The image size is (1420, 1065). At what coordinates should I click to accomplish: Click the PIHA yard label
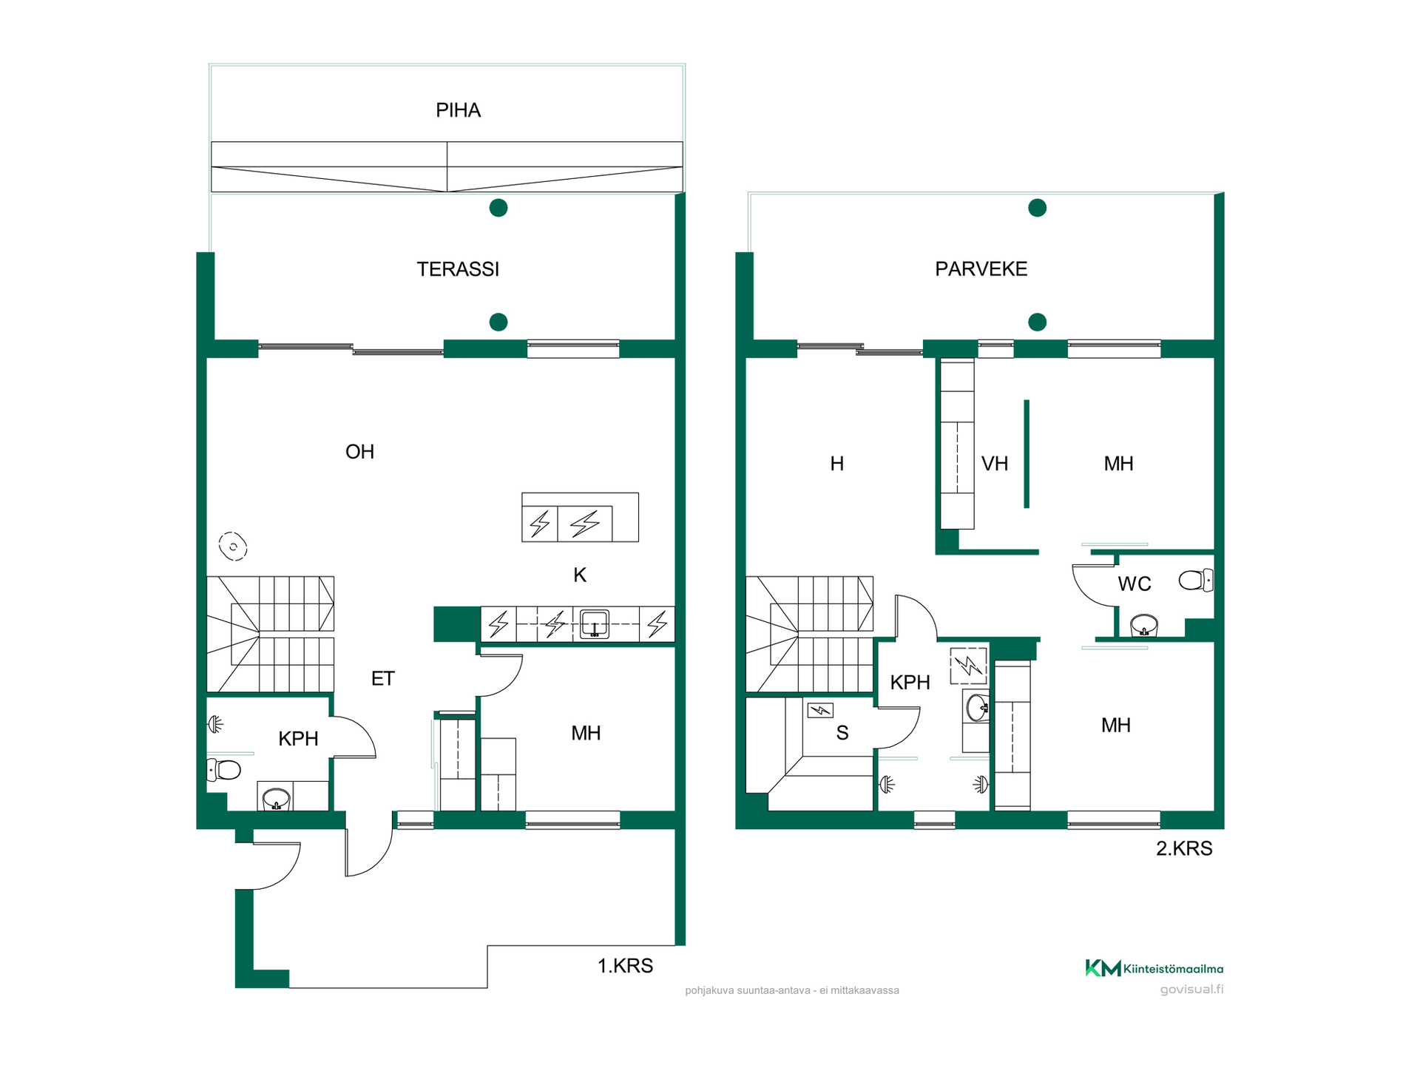click(458, 111)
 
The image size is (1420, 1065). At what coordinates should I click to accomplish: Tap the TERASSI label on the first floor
click(458, 269)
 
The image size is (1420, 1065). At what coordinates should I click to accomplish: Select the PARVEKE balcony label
click(981, 269)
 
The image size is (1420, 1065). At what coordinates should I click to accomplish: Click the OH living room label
click(359, 452)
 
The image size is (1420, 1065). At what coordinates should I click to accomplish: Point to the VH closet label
click(995, 464)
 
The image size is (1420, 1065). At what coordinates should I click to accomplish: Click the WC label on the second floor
click(1135, 584)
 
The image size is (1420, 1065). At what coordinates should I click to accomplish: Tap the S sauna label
click(842, 733)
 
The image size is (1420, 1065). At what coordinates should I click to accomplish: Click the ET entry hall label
click(382, 679)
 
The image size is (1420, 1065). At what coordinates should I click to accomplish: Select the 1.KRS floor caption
click(625, 966)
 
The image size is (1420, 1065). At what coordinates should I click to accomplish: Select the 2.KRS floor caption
click(1184, 848)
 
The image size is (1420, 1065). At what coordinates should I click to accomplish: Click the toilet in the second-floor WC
click(1196, 580)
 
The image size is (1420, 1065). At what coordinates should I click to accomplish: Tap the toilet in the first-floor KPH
click(223, 770)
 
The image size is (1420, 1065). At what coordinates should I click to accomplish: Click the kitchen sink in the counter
click(595, 623)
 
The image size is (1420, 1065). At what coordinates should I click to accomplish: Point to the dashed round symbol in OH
click(233, 547)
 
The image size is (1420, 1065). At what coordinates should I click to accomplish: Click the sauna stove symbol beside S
click(820, 711)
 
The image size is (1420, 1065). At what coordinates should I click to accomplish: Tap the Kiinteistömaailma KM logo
click(1103, 968)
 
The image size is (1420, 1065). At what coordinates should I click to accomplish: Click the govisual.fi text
click(1191, 990)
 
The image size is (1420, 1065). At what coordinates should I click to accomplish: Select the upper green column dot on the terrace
click(498, 208)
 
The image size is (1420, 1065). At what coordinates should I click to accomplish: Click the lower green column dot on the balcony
click(1038, 322)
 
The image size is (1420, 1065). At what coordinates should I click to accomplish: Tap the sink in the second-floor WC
click(1144, 625)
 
